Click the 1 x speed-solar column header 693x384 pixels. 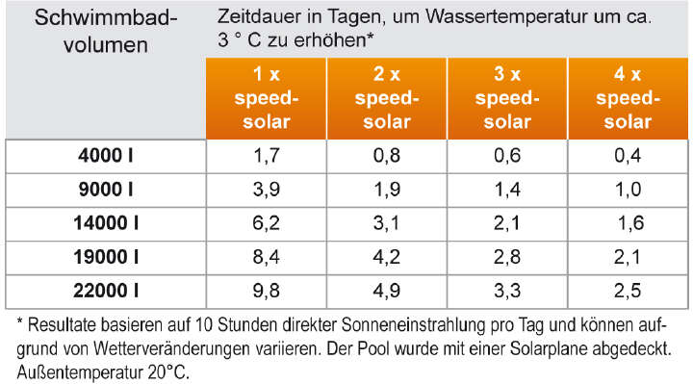266,98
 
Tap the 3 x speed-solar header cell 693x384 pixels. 507,98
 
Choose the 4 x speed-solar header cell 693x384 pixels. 628,98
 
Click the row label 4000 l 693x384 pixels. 106,154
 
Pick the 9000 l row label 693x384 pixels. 106,189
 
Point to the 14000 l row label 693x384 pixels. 106,223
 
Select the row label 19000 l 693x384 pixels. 106,257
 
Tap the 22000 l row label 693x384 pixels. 106,292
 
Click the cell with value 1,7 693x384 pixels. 266,154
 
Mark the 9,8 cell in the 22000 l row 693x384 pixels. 266,292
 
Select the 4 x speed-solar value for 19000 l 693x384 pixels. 628,257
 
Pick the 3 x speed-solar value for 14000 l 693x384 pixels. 507,223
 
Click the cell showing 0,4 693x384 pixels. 628,154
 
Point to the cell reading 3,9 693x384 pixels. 266,189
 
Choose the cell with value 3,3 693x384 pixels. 507,292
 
